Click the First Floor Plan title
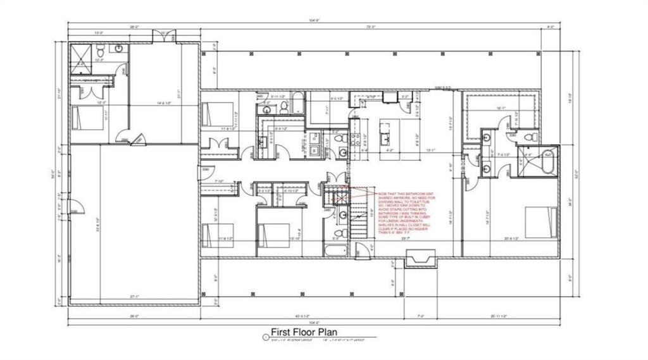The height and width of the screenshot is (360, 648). [304, 332]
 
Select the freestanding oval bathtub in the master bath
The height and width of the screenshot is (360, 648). [547, 163]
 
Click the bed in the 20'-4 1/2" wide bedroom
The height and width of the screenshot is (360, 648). [541, 223]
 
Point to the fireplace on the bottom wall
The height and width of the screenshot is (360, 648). [420, 258]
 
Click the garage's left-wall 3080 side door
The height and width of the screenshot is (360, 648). [74, 211]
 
